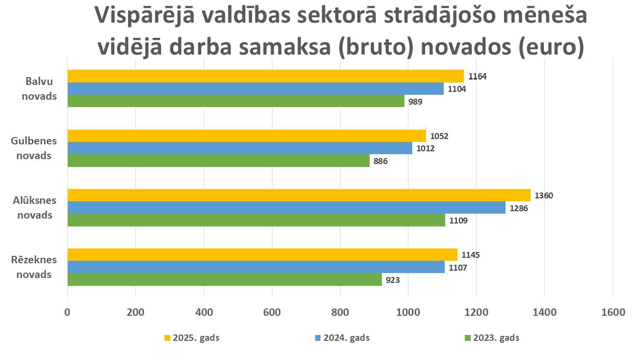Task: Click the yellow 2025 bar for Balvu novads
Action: point(265,76)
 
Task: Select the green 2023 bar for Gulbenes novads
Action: point(218,161)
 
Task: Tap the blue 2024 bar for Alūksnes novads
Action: point(286,208)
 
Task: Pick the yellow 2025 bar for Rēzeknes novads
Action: point(262,254)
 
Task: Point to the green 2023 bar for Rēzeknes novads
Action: point(224,279)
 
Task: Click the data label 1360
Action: point(544,195)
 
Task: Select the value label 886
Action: point(380,161)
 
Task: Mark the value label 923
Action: point(393,280)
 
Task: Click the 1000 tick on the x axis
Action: point(408,312)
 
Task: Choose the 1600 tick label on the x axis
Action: point(613,312)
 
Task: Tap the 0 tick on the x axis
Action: point(67,312)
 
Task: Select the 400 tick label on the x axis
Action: point(204,312)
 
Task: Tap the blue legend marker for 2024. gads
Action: point(317,338)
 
